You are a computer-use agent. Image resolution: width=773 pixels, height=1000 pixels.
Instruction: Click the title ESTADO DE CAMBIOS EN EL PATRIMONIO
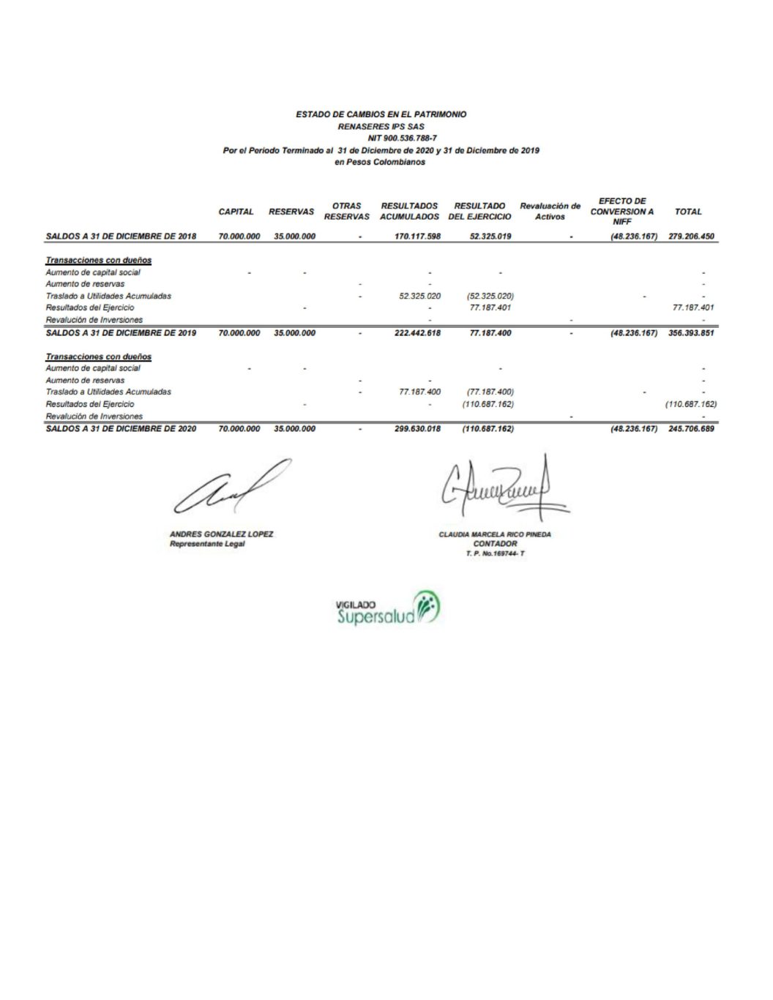(381, 114)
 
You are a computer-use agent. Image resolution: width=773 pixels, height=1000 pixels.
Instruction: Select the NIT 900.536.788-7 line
(402, 138)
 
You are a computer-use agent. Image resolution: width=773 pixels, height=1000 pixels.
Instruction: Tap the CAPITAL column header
(236, 212)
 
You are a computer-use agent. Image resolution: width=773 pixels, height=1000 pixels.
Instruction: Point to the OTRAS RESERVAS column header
(346, 212)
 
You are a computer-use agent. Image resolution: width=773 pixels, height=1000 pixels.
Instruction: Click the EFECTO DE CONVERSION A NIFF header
(621, 211)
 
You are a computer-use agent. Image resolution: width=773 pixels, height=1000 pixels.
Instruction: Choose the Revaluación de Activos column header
(550, 212)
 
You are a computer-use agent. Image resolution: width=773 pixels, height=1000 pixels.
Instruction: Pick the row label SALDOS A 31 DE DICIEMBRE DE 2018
(121, 236)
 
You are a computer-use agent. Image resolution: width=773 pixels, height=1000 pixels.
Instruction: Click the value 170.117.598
(417, 236)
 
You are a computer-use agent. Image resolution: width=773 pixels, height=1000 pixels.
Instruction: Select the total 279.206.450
(691, 236)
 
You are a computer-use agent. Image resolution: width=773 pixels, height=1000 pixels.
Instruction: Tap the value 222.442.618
(417, 333)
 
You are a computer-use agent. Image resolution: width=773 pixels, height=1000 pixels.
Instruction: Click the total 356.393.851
(691, 333)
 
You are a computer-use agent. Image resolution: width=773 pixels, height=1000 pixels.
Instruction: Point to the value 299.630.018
(417, 429)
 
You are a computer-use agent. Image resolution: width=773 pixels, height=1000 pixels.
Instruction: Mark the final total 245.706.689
(691, 429)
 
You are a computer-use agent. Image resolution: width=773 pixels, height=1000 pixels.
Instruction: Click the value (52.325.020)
(490, 296)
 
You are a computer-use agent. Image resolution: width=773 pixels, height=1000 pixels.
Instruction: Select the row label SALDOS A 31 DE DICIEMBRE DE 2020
(121, 429)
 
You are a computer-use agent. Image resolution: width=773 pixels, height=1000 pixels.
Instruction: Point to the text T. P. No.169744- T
(495, 553)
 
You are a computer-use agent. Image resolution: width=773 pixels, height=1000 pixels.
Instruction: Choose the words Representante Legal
(207, 544)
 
